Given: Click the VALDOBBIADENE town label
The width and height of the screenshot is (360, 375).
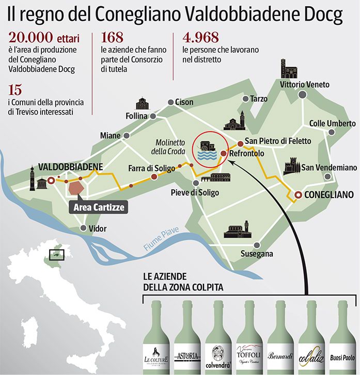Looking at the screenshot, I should [71, 167].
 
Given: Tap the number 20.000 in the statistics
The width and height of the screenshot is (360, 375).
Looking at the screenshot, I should [29, 38].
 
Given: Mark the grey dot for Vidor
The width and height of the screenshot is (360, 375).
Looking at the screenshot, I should [83, 228].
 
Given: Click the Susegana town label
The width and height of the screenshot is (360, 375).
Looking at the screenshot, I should [258, 254].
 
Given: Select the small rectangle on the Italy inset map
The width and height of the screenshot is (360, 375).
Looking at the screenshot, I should [55, 255].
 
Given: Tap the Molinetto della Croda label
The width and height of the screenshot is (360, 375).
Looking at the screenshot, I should [165, 146].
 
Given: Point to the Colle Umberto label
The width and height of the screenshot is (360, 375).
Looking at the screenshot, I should [332, 124].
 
